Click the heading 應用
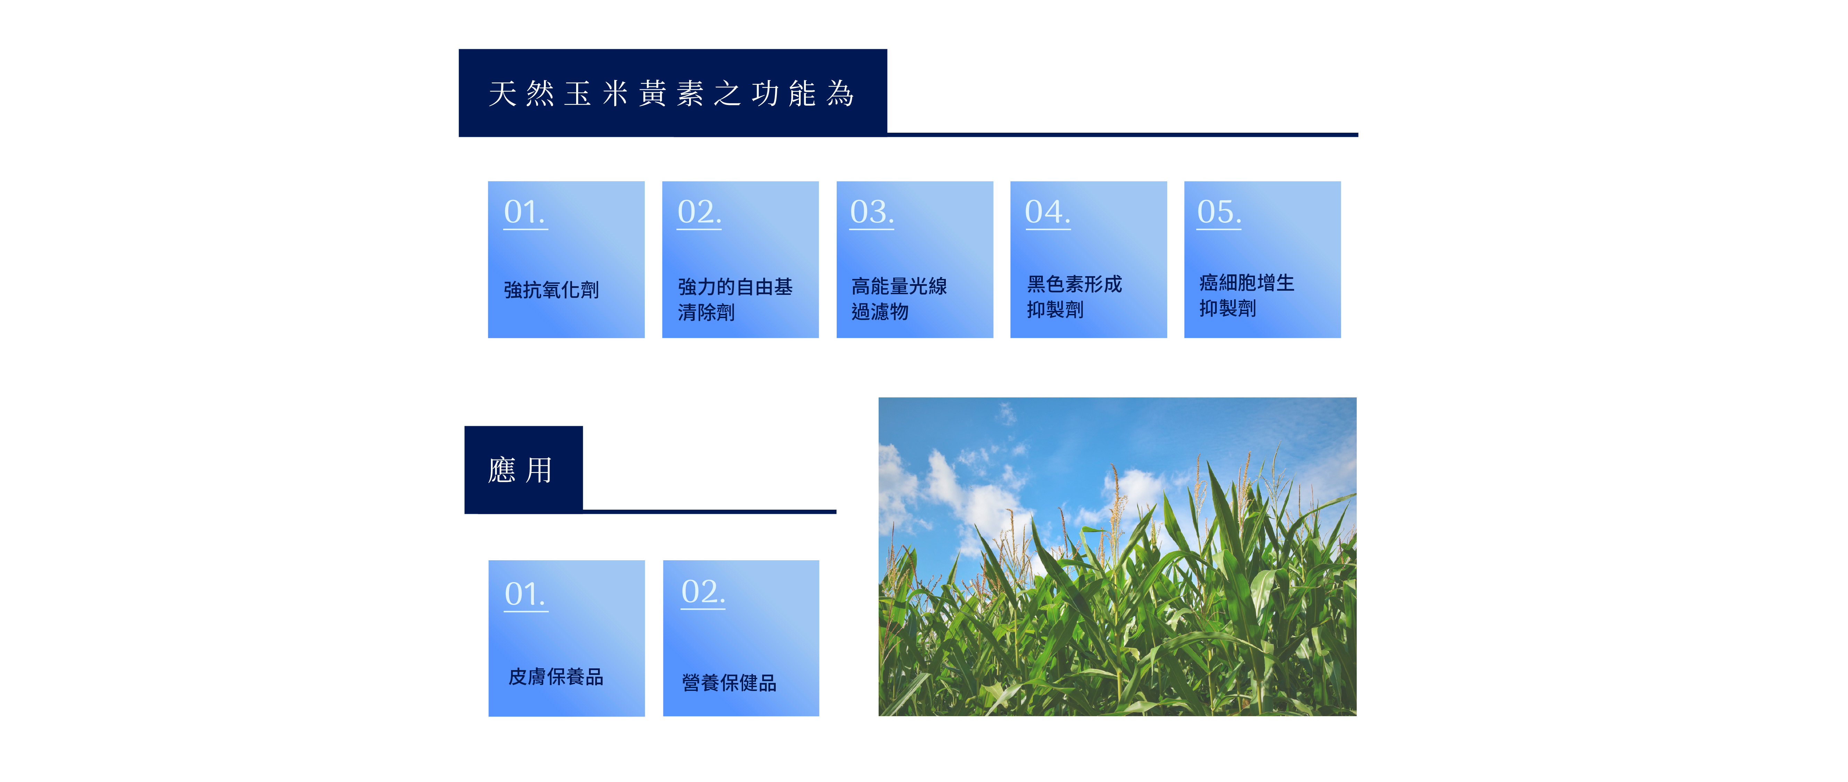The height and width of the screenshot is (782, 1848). click(520, 471)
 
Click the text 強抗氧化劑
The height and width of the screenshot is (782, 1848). click(551, 290)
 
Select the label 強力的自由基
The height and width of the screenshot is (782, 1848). click(735, 287)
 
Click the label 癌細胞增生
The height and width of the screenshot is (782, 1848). click(1247, 283)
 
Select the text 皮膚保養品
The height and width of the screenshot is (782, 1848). click(556, 677)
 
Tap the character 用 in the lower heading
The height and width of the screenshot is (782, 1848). click(539, 471)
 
